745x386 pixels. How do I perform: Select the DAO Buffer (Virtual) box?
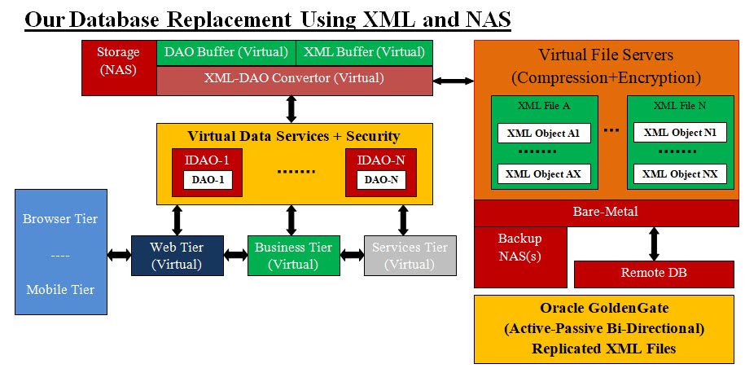[x=226, y=52]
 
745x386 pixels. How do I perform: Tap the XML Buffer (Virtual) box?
[x=364, y=52]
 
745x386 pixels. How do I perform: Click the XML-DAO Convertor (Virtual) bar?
[x=294, y=79]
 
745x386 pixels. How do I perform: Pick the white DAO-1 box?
[x=208, y=179]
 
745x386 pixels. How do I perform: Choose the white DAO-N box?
[x=380, y=179]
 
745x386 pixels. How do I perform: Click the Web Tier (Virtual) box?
[x=177, y=255]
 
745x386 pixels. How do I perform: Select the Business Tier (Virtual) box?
[x=293, y=255]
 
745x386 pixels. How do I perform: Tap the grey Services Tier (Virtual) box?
[x=410, y=255]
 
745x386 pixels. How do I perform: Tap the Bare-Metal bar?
[x=605, y=213]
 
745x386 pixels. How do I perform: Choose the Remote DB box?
[x=654, y=274]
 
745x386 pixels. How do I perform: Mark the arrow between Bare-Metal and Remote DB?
[x=653, y=243]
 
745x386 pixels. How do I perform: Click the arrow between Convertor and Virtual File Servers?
[x=454, y=80]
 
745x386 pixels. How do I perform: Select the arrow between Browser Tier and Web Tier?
[x=119, y=255]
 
